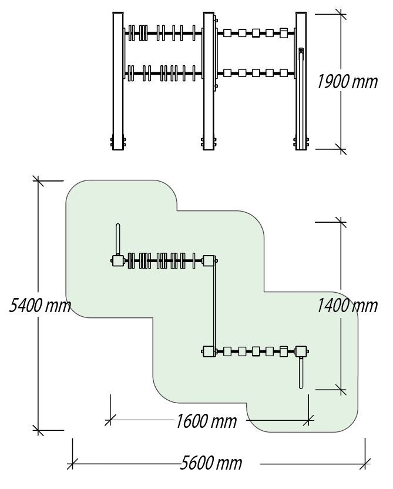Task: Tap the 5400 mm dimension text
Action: click(x=39, y=306)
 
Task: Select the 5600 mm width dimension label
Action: click(x=211, y=463)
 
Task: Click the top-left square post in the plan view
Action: click(x=118, y=260)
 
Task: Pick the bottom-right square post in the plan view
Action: click(x=301, y=351)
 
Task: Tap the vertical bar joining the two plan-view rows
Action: click(x=215, y=306)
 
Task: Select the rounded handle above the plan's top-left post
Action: click(x=118, y=238)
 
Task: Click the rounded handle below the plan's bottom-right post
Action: click(x=301, y=374)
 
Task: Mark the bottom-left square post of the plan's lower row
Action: click(x=208, y=351)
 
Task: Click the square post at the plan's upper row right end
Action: click(x=209, y=260)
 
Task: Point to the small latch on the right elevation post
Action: click(x=301, y=53)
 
